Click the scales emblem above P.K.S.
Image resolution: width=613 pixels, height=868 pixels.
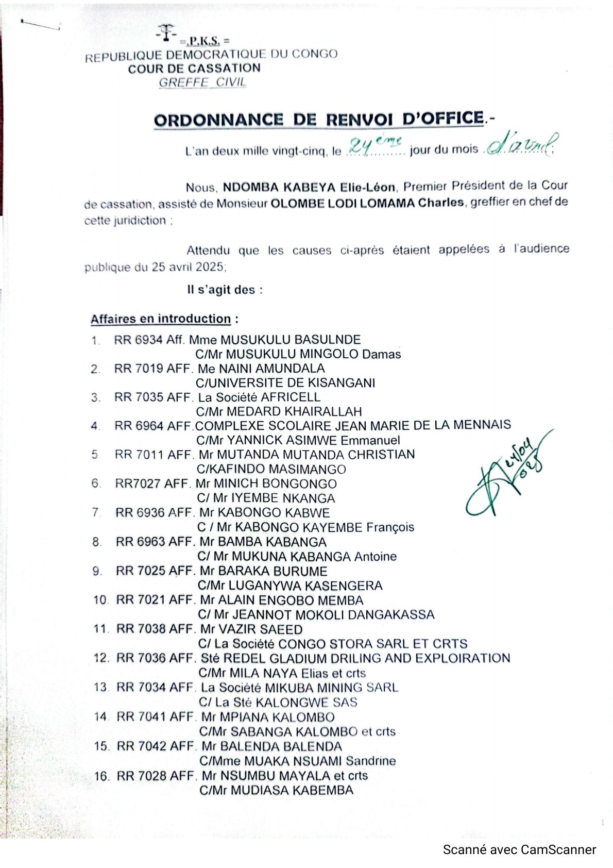point(166,32)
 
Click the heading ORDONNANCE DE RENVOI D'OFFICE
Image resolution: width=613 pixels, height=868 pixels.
point(319,120)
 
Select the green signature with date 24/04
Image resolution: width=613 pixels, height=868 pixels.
point(507,474)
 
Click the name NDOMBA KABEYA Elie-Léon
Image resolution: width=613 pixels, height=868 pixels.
point(309,187)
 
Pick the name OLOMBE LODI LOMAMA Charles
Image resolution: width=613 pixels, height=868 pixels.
point(367,203)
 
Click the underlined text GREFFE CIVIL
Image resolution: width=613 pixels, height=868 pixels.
point(202,82)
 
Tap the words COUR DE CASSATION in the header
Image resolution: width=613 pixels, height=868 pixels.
point(194,69)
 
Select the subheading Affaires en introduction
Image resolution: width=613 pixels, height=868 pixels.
point(161,319)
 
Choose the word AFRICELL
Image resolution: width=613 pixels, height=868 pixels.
point(291,397)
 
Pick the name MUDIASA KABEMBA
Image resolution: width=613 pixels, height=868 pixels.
point(292,790)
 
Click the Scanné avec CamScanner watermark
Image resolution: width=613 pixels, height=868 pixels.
point(519,850)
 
